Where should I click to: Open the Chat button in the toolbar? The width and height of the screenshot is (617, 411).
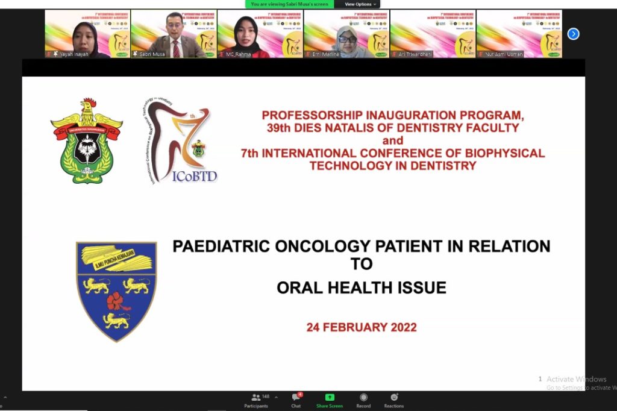tap(296, 400)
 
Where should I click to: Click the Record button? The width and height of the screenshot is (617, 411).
tap(363, 400)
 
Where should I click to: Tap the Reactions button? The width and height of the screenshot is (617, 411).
tap(394, 400)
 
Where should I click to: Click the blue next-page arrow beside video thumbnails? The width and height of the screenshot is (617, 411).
tap(574, 34)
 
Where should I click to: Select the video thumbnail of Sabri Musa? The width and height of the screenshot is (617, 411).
tap(174, 34)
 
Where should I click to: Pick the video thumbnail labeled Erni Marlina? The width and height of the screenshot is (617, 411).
tap(346, 34)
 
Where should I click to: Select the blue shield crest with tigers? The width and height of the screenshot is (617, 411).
tap(116, 290)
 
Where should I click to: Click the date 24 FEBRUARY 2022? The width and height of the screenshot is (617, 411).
tap(362, 327)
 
